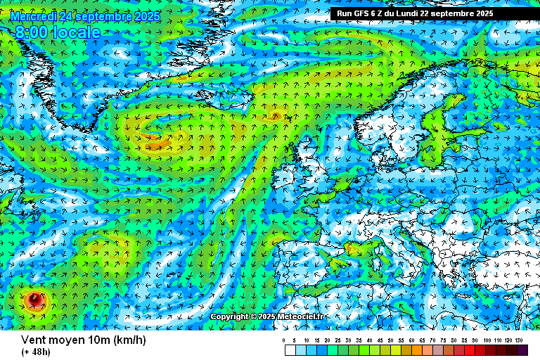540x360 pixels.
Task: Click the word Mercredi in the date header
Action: tap(34, 15)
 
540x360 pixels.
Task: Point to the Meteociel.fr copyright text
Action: tap(267, 316)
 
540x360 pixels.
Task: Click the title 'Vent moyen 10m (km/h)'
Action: tap(83, 340)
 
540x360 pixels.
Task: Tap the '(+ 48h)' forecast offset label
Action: tap(36, 352)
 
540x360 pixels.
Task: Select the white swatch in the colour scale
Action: tap(290, 349)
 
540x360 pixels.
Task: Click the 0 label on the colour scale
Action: tap(284, 340)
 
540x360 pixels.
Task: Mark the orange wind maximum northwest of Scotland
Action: tap(276, 115)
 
